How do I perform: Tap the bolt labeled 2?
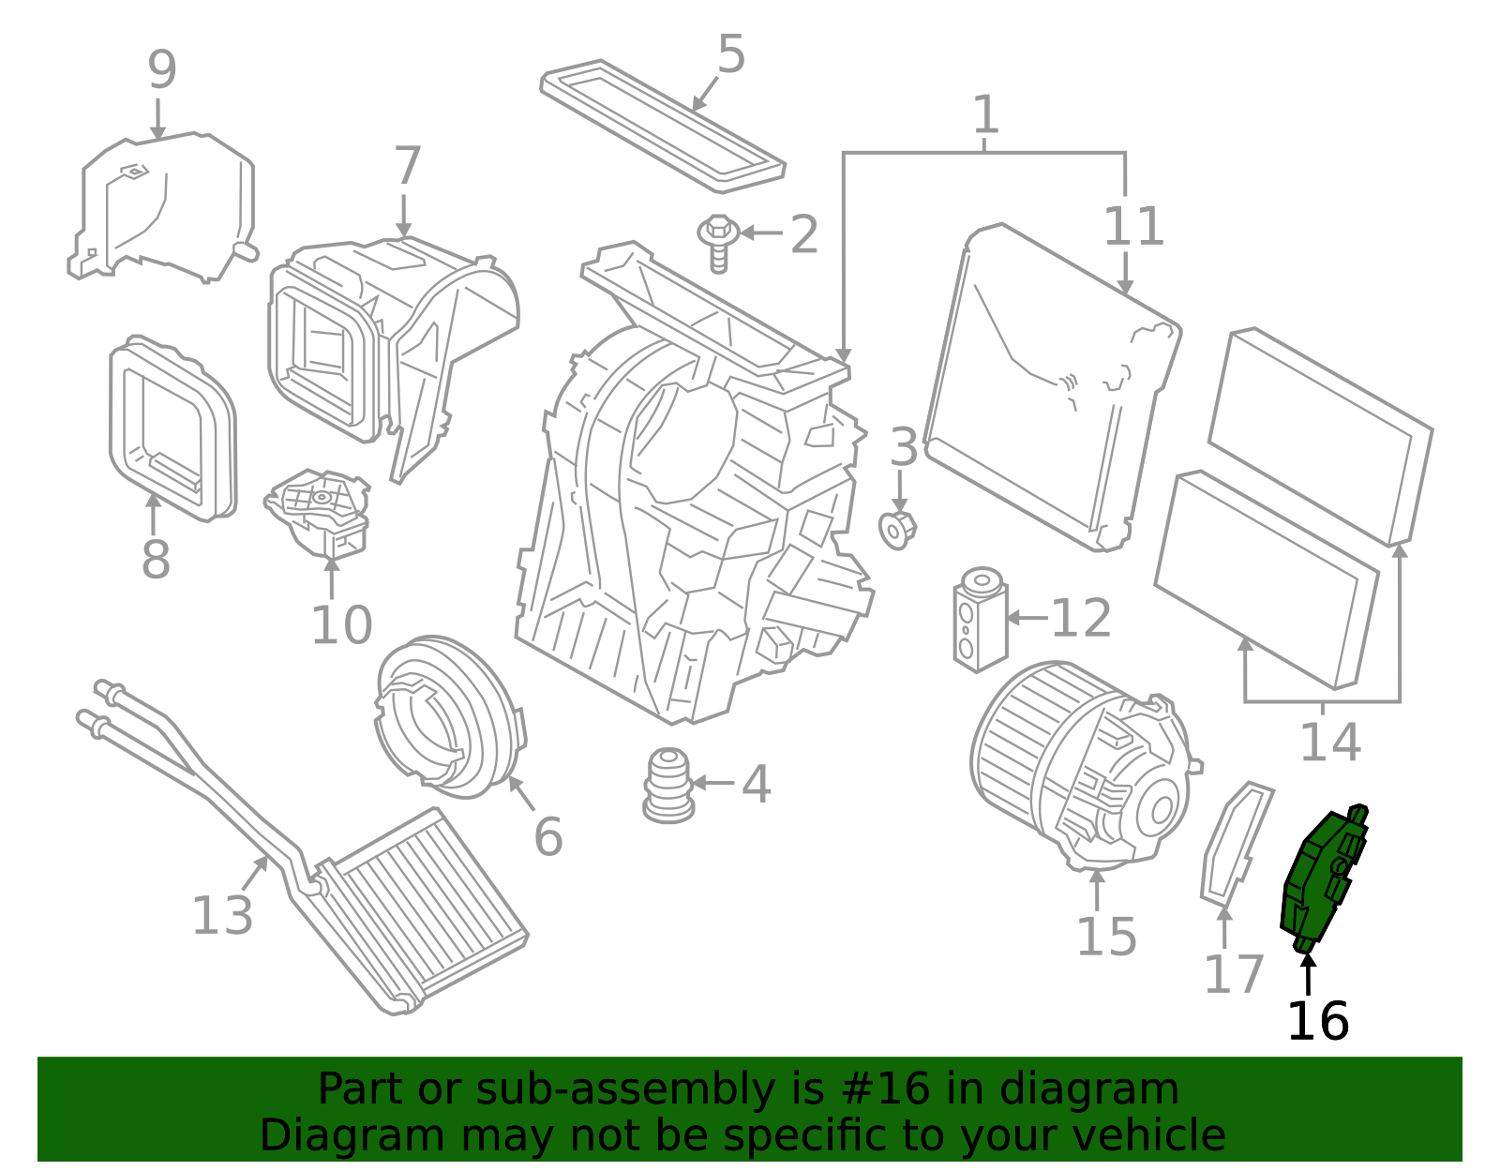[x=718, y=244]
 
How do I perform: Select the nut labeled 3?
[x=896, y=530]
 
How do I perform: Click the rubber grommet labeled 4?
[x=668, y=786]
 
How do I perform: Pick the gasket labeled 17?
[x=1237, y=843]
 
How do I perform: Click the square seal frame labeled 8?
[x=172, y=428]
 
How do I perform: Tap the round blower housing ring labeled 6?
[x=450, y=717]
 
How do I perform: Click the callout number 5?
[x=731, y=53]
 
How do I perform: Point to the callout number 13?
[x=222, y=916]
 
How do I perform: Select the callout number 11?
[x=1134, y=226]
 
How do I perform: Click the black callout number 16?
[x=1318, y=1021]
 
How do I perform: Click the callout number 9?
[x=162, y=69]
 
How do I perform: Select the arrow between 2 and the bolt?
[x=761, y=233]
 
